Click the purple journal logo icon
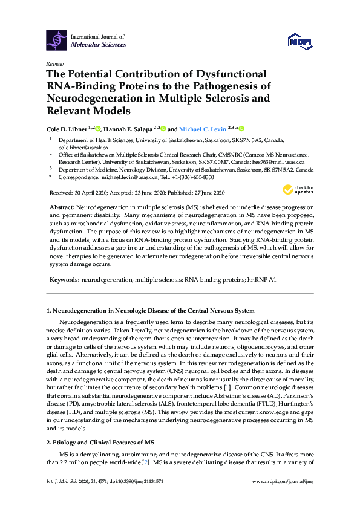(57, 40)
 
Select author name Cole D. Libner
(68, 129)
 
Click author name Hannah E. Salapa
(126, 129)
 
